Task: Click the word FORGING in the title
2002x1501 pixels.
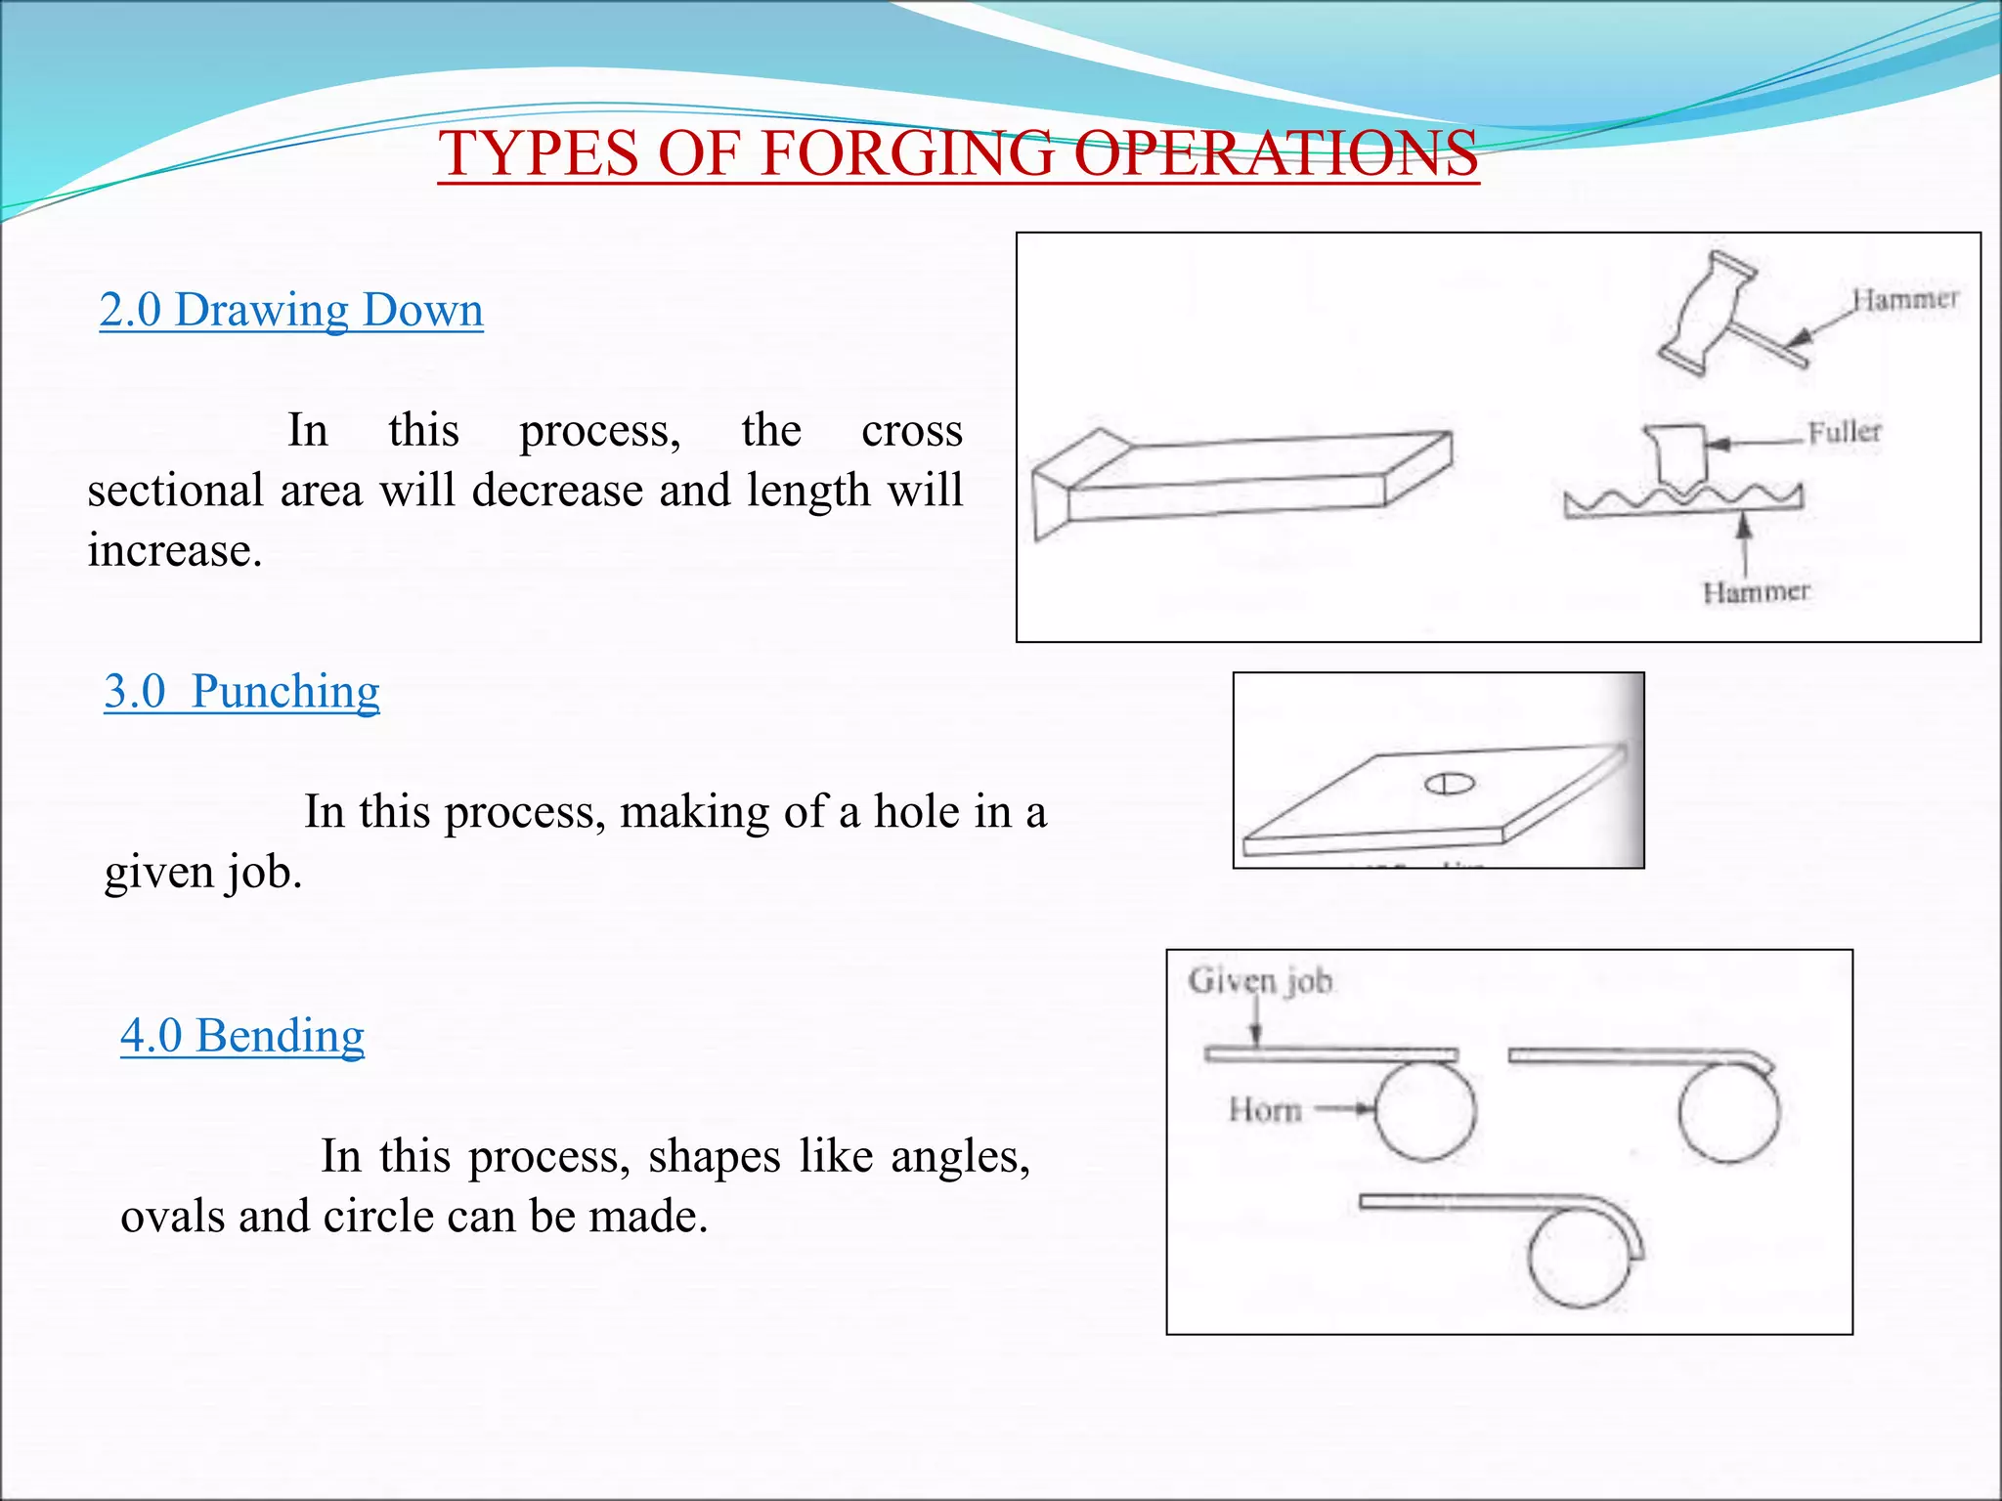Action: click(x=907, y=153)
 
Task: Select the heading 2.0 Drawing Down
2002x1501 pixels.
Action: click(x=291, y=310)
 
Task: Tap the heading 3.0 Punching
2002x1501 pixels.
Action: click(x=241, y=691)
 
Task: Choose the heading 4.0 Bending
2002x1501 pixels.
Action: click(x=242, y=1035)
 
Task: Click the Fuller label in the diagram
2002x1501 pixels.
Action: click(x=1844, y=432)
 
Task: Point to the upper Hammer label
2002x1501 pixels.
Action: click(x=1905, y=299)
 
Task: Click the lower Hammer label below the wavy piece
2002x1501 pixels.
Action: click(x=1756, y=591)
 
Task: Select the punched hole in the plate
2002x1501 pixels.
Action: click(x=1449, y=784)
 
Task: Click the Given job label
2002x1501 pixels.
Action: click(x=1260, y=980)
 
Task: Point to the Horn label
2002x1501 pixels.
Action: click(x=1265, y=1110)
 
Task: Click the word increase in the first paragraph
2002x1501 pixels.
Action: click(x=174, y=550)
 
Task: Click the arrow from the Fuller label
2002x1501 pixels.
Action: click(x=1755, y=443)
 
